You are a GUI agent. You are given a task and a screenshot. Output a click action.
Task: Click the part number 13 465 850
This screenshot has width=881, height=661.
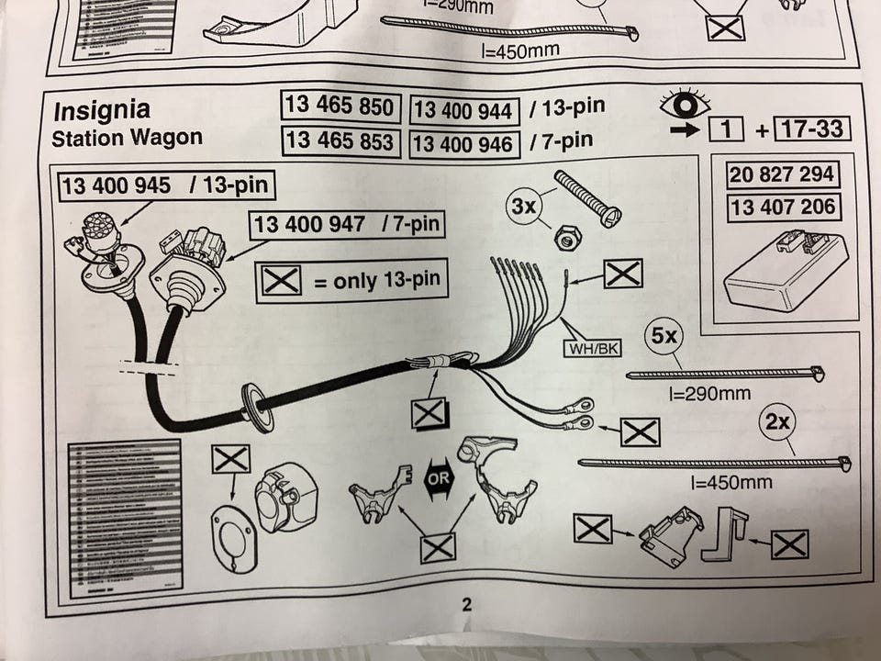click(x=340, y=107)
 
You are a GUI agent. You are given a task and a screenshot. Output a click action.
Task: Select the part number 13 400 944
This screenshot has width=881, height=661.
click(x=464, y=111)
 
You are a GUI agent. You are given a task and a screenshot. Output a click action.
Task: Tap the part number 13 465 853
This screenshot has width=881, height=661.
click(x=340, y=140)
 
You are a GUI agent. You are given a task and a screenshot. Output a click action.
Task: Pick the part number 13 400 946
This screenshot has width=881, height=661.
click(x=464, y=143)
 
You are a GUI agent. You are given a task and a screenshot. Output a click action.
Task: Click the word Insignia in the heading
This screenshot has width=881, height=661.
click(x=102, y=112)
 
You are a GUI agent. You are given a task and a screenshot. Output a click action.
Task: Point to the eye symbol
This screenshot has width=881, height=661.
click(x=686, y=103)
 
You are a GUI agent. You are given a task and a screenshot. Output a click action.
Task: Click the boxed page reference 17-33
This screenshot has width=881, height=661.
click(x=809, y=129)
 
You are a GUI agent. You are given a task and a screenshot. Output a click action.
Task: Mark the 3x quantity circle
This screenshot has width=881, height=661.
click(x=523, y=207)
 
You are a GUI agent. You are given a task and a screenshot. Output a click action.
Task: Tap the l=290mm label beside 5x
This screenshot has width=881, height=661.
click(x=706, y=394)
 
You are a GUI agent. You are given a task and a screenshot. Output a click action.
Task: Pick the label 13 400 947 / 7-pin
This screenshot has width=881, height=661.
click(x=347, y=225)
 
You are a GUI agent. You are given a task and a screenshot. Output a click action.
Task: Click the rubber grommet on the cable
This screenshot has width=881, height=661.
click(x=256, y=408)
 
